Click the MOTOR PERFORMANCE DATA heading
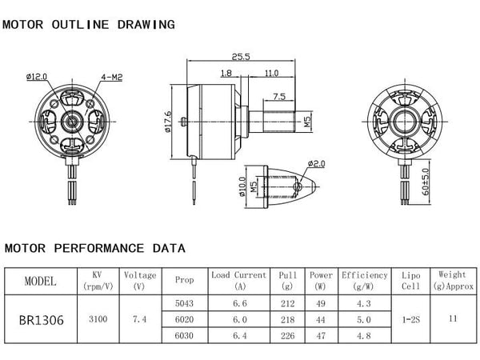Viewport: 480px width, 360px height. pyautogui.click(x=94, y=248)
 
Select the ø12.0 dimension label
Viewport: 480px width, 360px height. pyautogui.click(x=37, y=77)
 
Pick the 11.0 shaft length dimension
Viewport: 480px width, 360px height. pyautogui.click(x=271, y=73)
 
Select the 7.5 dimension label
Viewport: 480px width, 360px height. pyautogui.click(x=280, y=96)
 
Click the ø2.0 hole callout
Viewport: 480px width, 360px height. pyautogui.click(x=318, y=163)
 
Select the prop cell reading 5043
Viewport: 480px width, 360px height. pyautogui.click(x=183, y=302)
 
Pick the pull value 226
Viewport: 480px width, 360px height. pyautogui.click(x=288, y=334)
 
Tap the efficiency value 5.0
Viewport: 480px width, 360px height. pyautogui.click(x=364, y=318)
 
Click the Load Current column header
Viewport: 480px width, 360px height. pyautogui.click(x=238, y=280)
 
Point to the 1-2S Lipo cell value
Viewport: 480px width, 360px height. pyautogui.click(x=410, y=318)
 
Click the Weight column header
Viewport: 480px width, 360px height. pyautogui.click(x=453, y=280)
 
